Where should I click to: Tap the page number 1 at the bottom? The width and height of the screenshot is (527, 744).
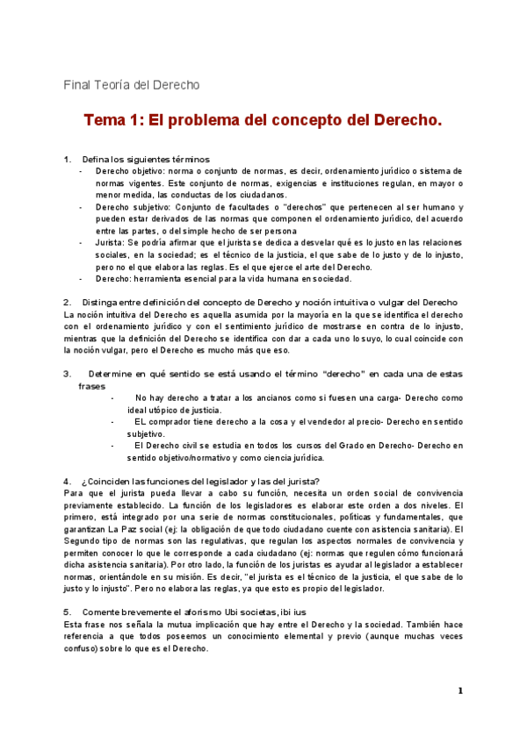click(x=459, y=691)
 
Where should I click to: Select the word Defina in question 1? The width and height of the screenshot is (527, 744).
click(x=97, y=159)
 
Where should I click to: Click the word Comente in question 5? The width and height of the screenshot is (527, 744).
click(x=101, y=612)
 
